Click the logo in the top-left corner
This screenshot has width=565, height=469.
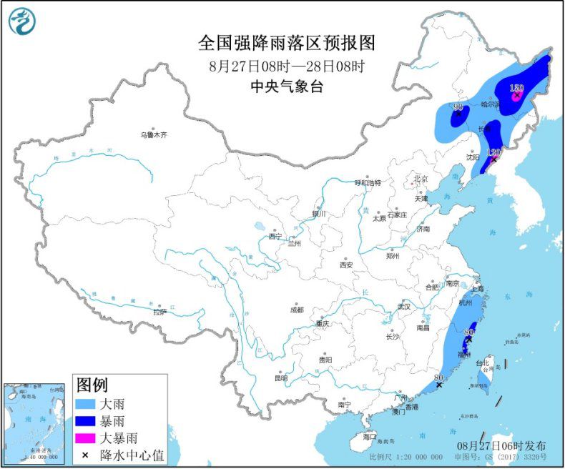(x=22, y=21)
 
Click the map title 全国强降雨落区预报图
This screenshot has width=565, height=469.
(x=286, y=44)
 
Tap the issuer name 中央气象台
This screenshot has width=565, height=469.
(x=286, y=87)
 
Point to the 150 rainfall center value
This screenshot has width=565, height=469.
(x=516, y=89)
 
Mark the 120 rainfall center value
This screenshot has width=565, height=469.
(x=493, y=153)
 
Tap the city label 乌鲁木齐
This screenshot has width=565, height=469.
(x=153, y=134)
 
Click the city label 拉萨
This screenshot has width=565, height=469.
(x=159, y=312)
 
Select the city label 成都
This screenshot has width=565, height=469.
(x=296, y=310)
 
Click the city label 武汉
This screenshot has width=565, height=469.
(x=405, y=307)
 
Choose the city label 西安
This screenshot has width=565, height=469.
(x=346, y=265)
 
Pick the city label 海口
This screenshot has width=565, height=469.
(x=369, y=436)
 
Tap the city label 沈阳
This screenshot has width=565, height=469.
(x=472, y=157)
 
